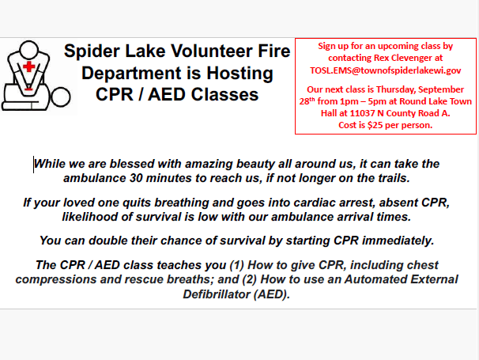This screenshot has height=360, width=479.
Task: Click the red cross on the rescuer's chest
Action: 29,66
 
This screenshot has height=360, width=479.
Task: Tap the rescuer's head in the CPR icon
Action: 28,50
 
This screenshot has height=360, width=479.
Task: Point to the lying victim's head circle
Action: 61,97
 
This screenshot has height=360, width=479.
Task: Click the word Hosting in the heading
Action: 239,74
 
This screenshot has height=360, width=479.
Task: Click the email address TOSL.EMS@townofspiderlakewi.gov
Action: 385,70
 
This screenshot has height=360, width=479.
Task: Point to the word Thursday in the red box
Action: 395,89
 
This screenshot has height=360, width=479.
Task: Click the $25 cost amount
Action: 375,125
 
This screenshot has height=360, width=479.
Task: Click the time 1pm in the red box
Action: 349,101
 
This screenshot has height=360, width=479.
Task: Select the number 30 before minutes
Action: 136,178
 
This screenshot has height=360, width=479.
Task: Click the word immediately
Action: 398,241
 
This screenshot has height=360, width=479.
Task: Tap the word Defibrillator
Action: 217,294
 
